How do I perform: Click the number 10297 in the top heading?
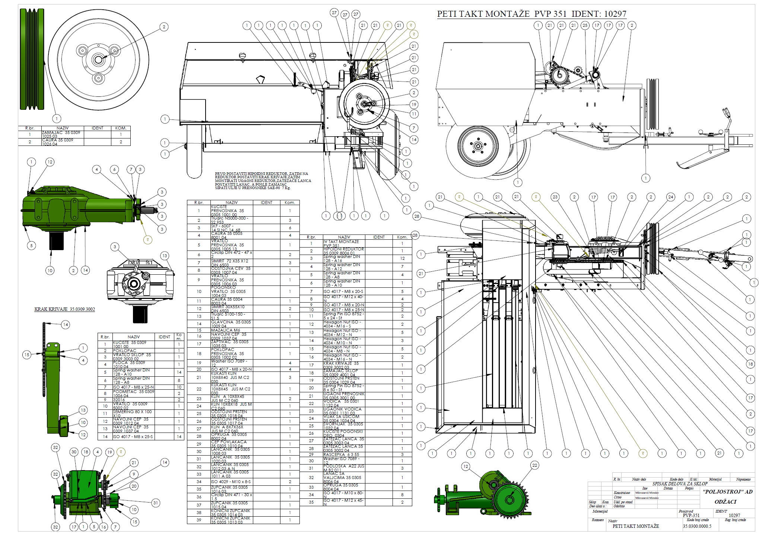[x=615, y=14]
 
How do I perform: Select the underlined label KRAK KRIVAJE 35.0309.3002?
[x=65, y=309]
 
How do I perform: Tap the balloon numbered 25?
[x=585, y=25]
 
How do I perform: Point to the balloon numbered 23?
[x=555, y=197]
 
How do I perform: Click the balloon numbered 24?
[x=670, y=197]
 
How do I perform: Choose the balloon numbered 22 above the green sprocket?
[x=535, y=465]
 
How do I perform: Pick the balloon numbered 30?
[x=74, y=452]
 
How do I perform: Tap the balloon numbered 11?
[x=414, y=114]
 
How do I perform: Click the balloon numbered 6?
[x=114, y=170]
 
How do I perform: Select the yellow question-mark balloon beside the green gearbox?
[x=148, y=240]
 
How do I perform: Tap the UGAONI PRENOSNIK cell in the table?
[x=344, y=396]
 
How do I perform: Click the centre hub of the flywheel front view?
[x=99, y=60]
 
